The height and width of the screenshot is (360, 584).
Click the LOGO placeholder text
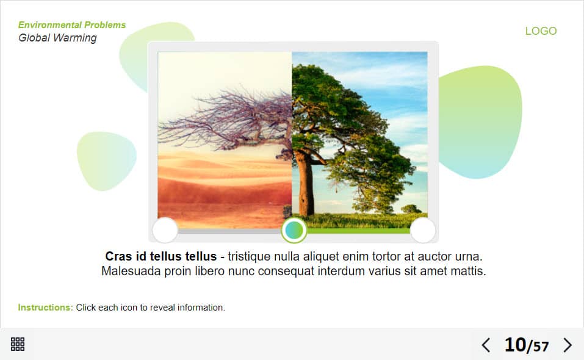541,31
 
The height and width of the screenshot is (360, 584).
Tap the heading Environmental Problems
72,25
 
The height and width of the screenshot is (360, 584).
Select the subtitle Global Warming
57,38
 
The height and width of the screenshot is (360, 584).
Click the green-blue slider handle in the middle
294,231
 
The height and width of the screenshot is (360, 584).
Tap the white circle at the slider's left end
165,230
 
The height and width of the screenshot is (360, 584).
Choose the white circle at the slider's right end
423,230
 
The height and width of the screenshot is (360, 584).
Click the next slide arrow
568,345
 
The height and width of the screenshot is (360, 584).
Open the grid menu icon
18,344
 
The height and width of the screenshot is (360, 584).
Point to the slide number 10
515,345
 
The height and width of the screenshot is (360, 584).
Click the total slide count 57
541,347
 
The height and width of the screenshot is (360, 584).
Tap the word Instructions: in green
45,308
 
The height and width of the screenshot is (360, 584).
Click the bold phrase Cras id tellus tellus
160,256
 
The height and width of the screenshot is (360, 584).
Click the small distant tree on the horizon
411,209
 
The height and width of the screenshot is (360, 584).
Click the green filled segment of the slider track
358,231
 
